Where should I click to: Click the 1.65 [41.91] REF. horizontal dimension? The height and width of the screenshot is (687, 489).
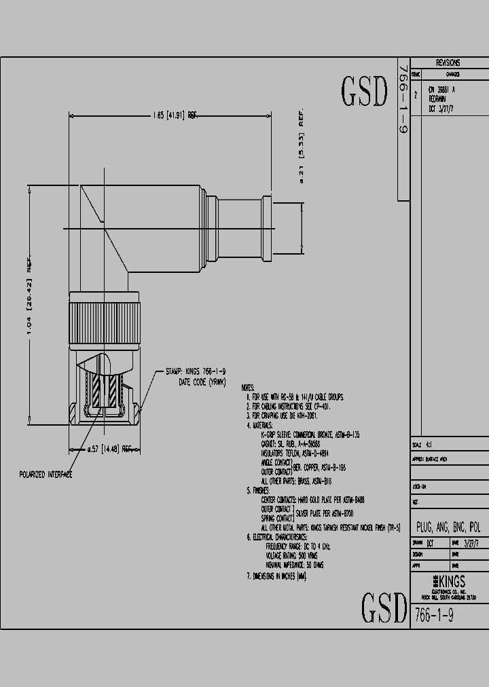pyautogui.click(x=173, y=115)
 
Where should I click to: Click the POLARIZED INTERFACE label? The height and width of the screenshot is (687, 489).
pyautogui.click(x=46, y=475)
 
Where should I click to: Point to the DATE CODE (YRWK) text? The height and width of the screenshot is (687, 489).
pyautogui.click(x=201, y=382)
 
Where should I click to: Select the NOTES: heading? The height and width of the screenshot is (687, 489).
pyautogui.click(x=249, y=388)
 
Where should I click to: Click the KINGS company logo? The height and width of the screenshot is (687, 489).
pyautogui.click(x=448, y=562)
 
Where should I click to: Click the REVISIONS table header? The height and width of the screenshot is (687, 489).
pyautogui.click(x=448, y=62)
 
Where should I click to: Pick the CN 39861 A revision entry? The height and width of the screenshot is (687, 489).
pyautogui.click(x=441, y=90)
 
